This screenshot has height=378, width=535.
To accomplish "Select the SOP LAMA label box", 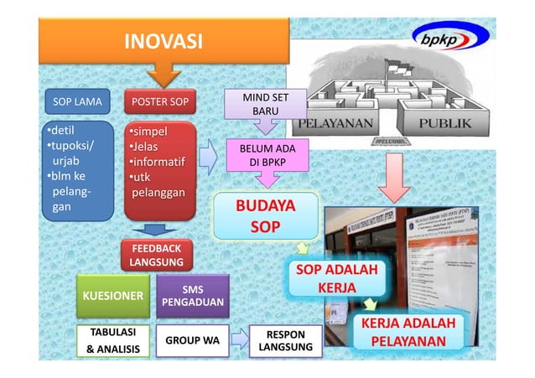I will (x=77, y=103).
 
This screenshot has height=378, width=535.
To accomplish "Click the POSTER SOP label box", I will (x=159, y=103).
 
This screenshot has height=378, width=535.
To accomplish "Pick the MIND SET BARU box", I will (x=265, y=105).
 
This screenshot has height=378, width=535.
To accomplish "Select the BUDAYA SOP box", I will (x=264, y=215).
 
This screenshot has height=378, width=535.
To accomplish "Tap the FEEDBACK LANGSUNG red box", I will (x=155, y=255).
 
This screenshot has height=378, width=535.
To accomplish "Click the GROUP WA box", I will (x=192, y=340).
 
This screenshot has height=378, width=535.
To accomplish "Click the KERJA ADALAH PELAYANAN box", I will (x=408, y=333).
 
